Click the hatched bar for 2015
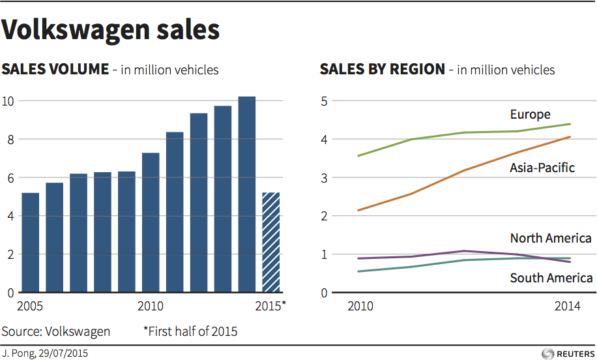[x=270, y=243]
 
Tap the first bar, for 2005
[x=30, y=243]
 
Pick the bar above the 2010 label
[x=151, y=222]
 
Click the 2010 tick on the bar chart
[x=151, y=306]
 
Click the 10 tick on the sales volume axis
[x=9, y=101]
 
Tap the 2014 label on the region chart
[x=568, y=306]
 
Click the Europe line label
[x=530, y=115]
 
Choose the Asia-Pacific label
[x=542, y=168]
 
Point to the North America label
[x=551, y=238]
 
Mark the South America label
[x=551, y=278]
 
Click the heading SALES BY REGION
[x=382, y=69]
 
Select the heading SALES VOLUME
[x=56, y=69]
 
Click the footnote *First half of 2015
[x=190, y=331]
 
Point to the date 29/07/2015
[x=65, y=353]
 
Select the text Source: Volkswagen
[x=56, y=331]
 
